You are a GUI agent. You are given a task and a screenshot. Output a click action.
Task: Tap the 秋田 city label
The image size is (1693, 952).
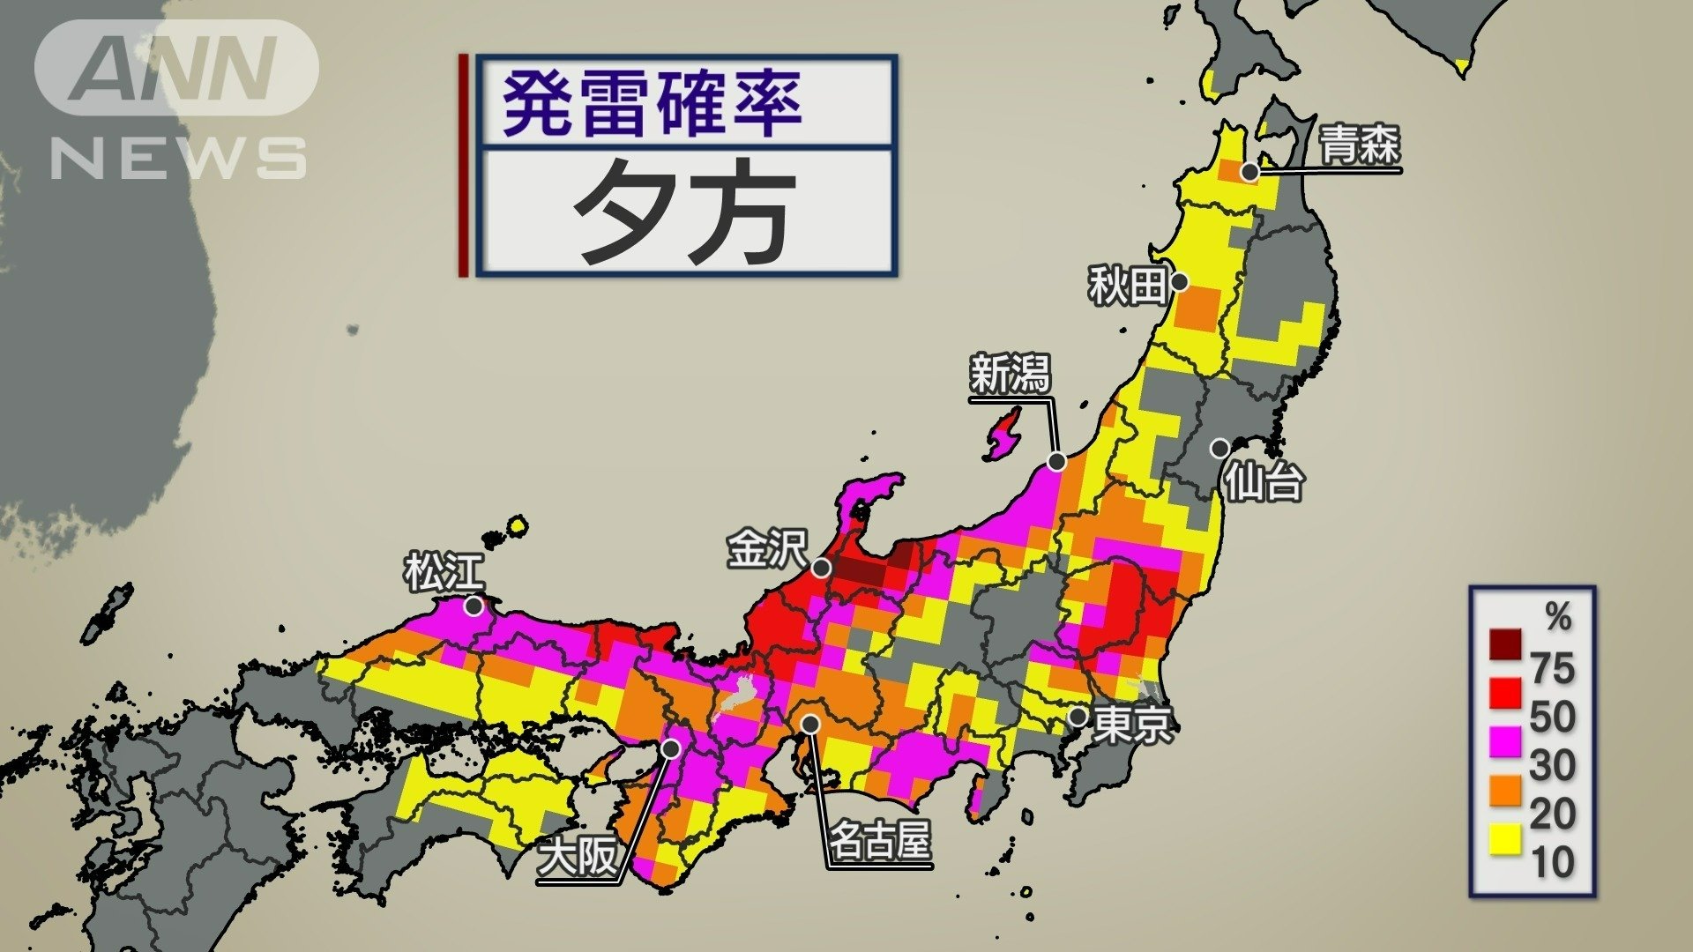1127,285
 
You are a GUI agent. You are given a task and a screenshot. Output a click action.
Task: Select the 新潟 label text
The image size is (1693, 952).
1010,374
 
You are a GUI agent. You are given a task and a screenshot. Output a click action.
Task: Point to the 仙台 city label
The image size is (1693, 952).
1264,481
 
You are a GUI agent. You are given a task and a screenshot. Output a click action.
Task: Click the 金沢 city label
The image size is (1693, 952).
766,548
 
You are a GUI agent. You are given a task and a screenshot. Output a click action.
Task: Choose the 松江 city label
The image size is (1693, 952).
444,572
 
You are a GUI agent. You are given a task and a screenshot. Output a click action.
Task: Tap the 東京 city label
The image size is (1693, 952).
1133,724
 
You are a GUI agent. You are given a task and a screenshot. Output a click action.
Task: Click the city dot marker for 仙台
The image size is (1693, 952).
1219,449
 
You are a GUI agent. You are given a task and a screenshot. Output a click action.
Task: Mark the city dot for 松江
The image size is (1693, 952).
474,606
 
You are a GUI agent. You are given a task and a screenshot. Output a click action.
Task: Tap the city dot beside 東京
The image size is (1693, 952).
1078,717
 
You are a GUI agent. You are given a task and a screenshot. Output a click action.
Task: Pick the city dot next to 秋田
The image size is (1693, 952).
1179,283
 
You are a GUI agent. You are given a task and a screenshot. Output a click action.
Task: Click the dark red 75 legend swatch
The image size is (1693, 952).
1505,644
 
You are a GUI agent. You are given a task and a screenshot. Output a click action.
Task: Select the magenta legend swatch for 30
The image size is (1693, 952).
1505,740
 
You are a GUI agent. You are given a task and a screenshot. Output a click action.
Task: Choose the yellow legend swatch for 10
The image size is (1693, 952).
1505,839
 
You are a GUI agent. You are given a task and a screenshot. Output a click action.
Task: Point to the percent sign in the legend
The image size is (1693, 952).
1558,617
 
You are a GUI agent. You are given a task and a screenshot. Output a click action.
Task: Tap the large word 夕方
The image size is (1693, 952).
684,212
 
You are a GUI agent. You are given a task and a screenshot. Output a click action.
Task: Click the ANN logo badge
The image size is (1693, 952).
176,69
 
